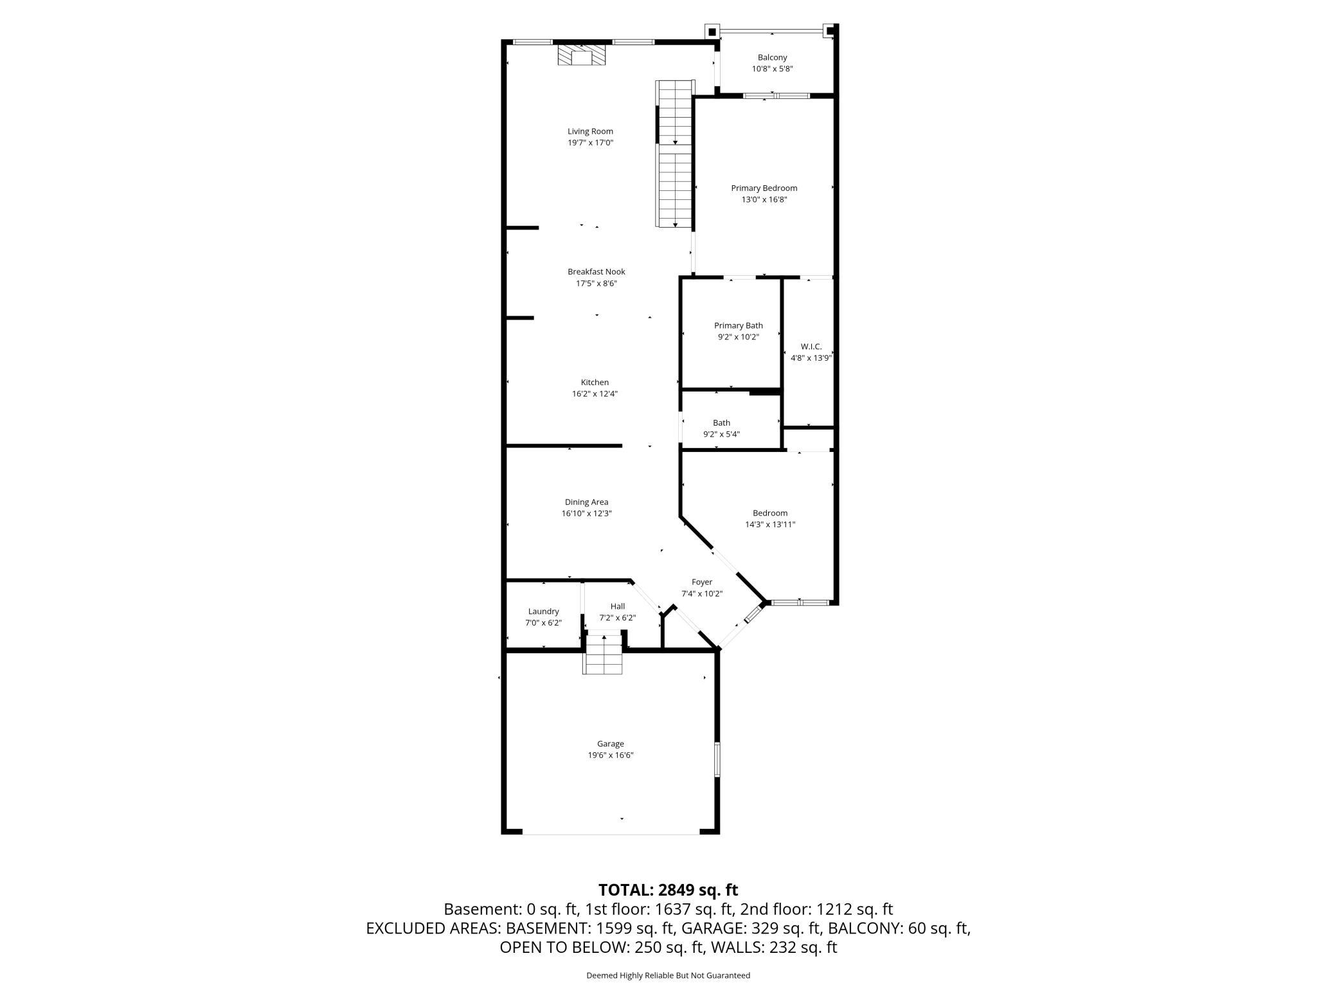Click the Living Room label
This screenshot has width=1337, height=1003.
click(590, 131)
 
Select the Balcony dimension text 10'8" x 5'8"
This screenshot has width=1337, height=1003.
click(772, 69)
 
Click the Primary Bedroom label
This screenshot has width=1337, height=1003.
click(764, 188)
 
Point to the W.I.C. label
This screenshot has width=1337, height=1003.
click(811, 347)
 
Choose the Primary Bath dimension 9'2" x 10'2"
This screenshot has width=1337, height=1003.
click(738, 337)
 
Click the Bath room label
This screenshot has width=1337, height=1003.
click(721, 423)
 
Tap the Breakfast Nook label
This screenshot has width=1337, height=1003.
click(596, 272)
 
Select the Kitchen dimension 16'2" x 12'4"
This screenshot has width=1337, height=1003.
click(595, 394)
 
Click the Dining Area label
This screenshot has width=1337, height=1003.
click(586, 502)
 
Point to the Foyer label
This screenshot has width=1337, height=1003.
click(702, 583)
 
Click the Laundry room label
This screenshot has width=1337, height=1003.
click(543, 611)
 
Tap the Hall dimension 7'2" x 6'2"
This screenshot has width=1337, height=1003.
click(617, 618)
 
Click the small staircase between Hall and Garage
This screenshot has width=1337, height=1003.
click(603, 654)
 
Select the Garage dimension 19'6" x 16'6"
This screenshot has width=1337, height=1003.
click(610, 755)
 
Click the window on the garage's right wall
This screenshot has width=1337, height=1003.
click(717, 759)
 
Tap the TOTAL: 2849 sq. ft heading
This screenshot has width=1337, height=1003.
click(668, 890)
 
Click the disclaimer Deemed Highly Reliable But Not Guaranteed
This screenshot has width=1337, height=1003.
click(668, 975)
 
